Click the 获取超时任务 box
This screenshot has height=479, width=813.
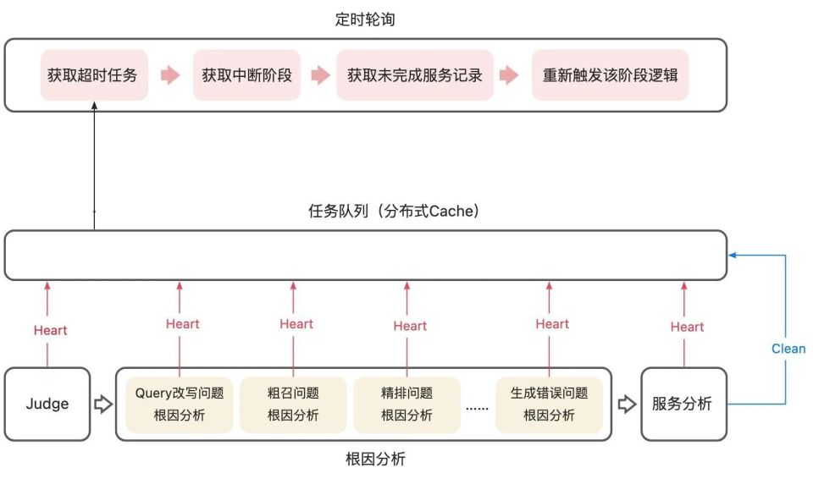tap(92, 74)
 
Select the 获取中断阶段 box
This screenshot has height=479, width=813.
tap(246, 74)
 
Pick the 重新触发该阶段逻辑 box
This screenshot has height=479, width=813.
tap(610, 74)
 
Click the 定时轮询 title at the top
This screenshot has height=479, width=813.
tap(365, 19)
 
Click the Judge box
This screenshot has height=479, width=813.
tap(47, 404)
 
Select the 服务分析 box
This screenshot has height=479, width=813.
tap(683, 404)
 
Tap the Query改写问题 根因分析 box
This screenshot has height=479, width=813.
tap(179, 404)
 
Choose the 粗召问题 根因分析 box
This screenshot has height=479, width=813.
tap(293, 404)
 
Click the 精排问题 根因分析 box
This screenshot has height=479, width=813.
tap(406, 404)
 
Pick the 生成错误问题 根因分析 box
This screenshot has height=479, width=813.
tap(549, 404)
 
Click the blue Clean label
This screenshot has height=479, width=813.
tap(788, 348)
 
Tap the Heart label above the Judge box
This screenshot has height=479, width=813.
tap(50, 330)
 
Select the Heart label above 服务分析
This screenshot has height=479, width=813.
tap(687, 327)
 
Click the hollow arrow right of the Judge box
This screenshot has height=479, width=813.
tap(102, 404)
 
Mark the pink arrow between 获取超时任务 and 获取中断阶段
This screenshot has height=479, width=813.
tap(171, 75)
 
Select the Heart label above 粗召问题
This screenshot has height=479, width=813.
tap(296, 323)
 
